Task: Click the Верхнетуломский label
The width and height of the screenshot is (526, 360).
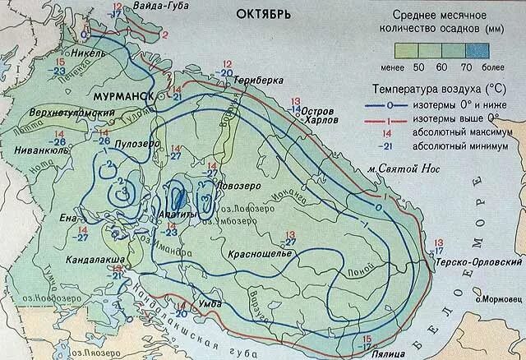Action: pyautogui.click(x=60, y=111)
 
